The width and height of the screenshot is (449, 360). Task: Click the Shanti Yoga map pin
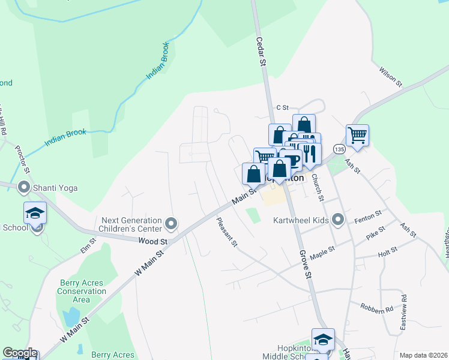[x=24, y=188]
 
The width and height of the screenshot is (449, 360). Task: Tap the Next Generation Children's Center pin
[x=171, y=224]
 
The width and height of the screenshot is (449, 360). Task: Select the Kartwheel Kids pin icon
[x=338, y=220]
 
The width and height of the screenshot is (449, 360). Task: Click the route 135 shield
[x=339, y=149]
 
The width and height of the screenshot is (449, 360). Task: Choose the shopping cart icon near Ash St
[x=357, y=135]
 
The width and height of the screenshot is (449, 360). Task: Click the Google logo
[x=20, y=353]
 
